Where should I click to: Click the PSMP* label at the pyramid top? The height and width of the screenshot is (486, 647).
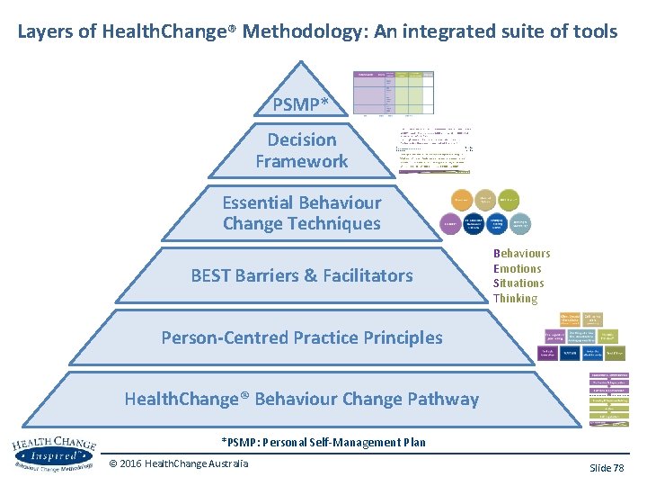pyautogui.click(x=301, y=104)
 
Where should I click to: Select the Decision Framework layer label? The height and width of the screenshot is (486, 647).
pyautogui.click(x=302, y=150)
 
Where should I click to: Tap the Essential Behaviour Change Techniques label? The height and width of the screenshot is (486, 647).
pyautogui.click(x=302, y=213)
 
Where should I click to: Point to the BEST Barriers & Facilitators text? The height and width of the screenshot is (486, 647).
pyautogui.click(x=302, y=275)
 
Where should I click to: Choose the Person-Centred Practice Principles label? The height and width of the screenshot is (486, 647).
pyautogui.click(x=302, y=337)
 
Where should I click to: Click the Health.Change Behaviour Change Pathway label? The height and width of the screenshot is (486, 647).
pyautogui.click(x=302, y=399)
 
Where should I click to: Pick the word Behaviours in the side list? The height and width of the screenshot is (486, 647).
pyautogui.click(x=521, y=254)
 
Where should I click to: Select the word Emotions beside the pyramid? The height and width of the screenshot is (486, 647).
pyautogui.click(x=517, y=268)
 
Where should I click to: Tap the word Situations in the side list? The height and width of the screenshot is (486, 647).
pyautogui.click(x=518, y=283)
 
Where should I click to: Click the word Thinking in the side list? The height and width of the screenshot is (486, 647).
pyautogui.click(x=515, y=298)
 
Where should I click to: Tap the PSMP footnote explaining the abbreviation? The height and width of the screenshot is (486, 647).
pyautogui.click(x=323, y=442)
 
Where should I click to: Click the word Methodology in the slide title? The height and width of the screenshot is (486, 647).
pyautogui.click(x=300, y=31)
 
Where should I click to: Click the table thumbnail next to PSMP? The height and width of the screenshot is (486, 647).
pyautogui.click(x=393, y=93)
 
